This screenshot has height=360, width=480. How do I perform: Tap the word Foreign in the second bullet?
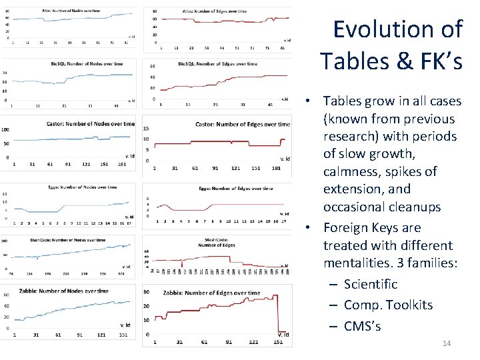[348, 228]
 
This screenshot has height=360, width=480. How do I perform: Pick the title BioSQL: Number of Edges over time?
[217, 64]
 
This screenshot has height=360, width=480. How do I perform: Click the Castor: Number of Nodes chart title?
[90, 123]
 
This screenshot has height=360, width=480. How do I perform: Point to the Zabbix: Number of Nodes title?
[74, 291]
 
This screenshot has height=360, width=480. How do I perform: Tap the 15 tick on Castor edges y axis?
[146, 129]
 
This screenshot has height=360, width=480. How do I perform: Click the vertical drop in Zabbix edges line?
[276, 313]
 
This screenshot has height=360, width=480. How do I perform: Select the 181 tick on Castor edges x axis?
[276, 168]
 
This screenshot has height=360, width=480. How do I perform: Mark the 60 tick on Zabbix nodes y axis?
[7, 294]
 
